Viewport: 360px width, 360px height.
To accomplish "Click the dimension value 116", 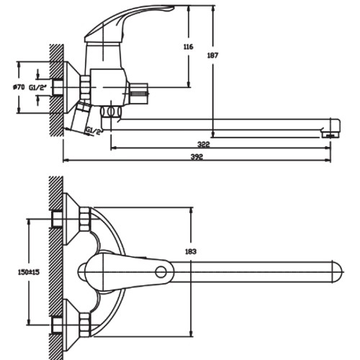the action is pyautogui.click(x=188, y=47).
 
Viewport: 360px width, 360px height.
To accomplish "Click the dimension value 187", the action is pyautogui.click(x=212, y=55).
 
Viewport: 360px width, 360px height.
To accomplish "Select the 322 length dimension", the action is pyautogui.click(x=204, y=145).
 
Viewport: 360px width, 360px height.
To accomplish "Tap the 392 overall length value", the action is pyautogui.click(x=197, y=157).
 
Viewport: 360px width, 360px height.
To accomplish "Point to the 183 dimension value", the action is pyautogui.click(x=191, y=251).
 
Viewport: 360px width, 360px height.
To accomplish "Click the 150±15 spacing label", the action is pyautogui.click(x=29, y=272).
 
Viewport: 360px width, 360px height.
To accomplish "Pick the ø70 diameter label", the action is pyautogui.click(x=19, y=87).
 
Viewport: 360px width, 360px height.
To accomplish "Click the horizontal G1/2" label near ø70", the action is pyautogui.click(x=37, y=88).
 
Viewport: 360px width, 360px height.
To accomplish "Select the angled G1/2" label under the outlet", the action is pyautogui.click(x=94, y=131).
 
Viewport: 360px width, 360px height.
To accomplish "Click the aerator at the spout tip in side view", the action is pyautogui.click(x=330, y=135).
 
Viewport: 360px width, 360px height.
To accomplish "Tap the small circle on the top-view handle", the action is pyautogui.click(x=161, y=272).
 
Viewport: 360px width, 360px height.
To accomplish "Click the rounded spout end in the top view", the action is pyautogui.click(x=337, y=272).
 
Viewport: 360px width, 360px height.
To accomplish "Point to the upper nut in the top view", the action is pyautogui.click(x=84, y=219).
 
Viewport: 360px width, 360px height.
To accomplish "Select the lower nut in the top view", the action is pyautogui.click(x=84, y=325).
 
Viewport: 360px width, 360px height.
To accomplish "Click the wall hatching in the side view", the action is pyautogui.click(x=56, y=91).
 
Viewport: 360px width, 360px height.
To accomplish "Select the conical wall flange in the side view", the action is pyautogui.click(x=72, y=87).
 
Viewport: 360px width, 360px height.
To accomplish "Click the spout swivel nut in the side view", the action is pyautogui.click(x=111, y=112).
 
